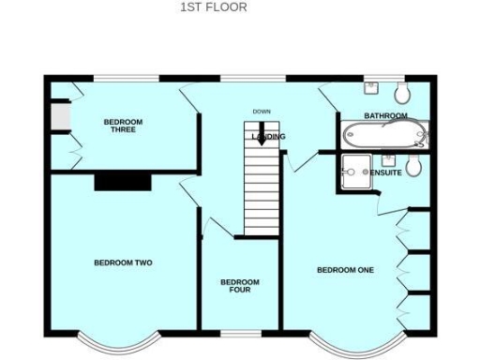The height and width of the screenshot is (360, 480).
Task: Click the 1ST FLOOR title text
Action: (x=214, y=7)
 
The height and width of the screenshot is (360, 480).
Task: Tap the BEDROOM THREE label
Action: (x=123, y=126)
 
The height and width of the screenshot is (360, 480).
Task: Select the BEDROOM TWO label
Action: (x=123, y=263)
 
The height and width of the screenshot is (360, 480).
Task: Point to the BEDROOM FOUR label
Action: (x=240, y=286)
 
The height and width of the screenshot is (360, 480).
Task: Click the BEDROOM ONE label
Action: (x=345, y=270)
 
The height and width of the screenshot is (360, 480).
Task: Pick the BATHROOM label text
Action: (x=385, y=116)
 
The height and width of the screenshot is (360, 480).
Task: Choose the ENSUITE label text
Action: (x=386, y=172)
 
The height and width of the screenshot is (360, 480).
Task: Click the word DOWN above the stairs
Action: (x=262, y=112)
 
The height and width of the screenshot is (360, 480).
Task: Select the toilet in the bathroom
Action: (x=402, y=92)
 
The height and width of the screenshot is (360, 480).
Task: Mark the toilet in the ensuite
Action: (x=414, y=167)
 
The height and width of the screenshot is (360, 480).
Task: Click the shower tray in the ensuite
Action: (x=355, y=167)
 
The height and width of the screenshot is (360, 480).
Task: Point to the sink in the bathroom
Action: (x=371, y=87)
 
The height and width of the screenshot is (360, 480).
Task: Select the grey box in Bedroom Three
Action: (x=58, y=115)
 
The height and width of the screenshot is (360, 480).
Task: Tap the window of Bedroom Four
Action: (x=240, y=333)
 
